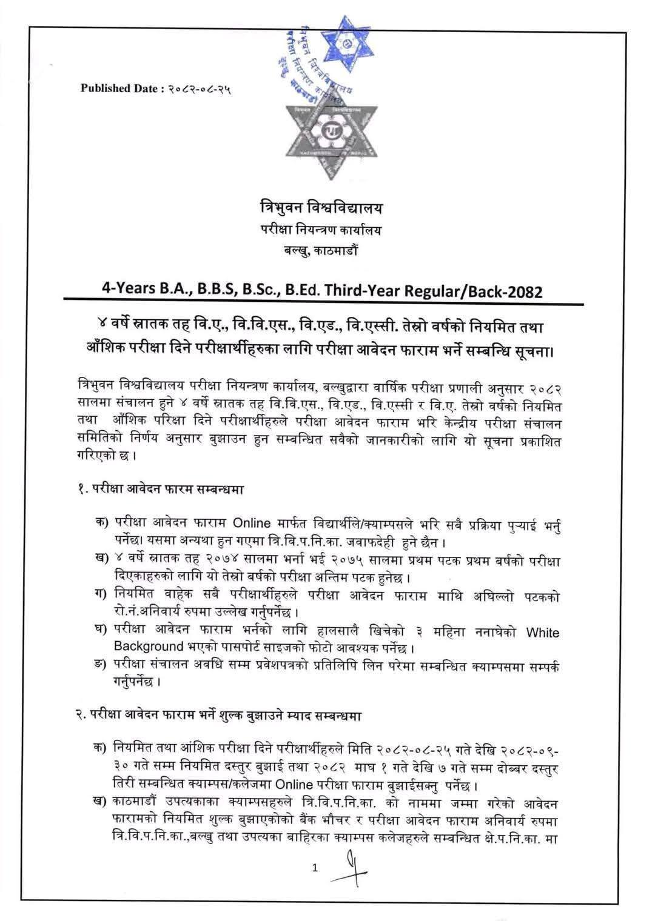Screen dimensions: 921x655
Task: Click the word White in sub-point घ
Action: click(x=543, y=633)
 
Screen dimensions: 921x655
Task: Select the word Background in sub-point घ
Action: click(x=149, y=647)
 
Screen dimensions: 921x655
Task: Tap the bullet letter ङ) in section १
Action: click(x=101, y=666)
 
